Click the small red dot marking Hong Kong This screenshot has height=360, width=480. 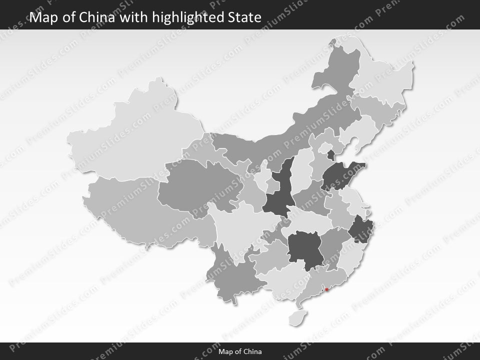click(326, 289)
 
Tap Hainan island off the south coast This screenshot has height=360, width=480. click(299, 316)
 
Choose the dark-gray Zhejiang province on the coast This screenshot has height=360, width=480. click(359, 230)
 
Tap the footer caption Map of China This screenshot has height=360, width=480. click(240, 351)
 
